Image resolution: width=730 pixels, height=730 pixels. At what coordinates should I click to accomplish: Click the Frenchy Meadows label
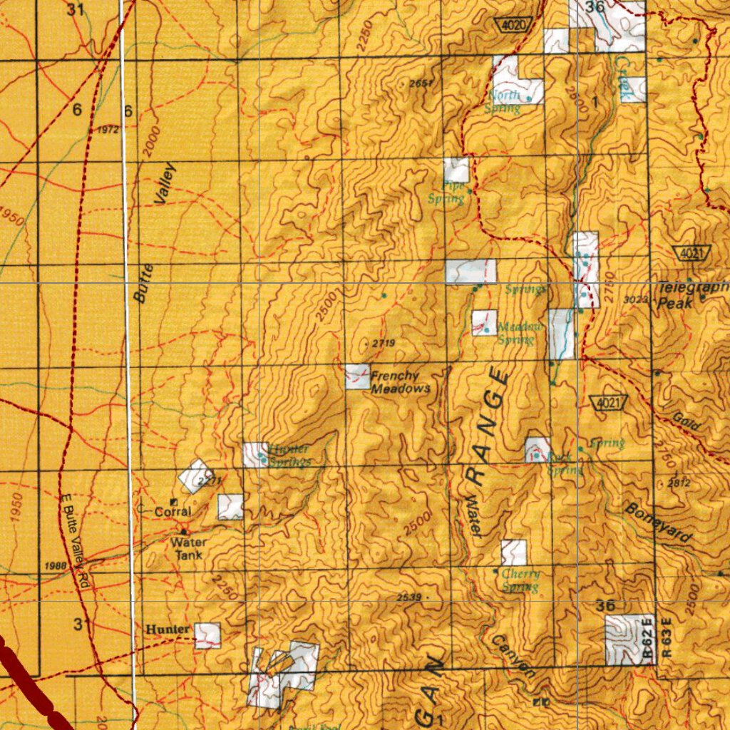point(400,382)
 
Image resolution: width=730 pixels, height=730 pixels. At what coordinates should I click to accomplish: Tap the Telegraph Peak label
point(690,294)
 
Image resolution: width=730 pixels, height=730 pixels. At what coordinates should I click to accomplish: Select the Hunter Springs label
point(289,456)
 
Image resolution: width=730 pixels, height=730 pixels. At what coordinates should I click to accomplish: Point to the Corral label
point(173,512)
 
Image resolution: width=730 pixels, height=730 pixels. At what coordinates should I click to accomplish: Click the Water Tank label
point(186,548)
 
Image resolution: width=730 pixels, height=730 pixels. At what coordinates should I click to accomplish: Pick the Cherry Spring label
point(520,580)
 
